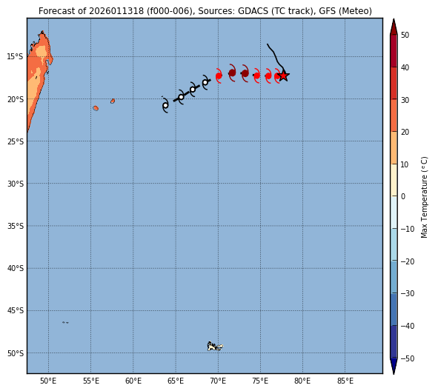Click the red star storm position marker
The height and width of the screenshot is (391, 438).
(x=284, y=76)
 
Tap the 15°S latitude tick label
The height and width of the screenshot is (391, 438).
(x=16, y=57)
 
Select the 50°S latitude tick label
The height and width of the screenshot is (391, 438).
(x=16, y=353)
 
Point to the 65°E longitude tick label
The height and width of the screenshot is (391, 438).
(x=176, y=381)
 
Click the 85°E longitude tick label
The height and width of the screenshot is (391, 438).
(x=345, y=381)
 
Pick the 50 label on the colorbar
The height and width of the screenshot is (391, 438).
(x=405, y=35)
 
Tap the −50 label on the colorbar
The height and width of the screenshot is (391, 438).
(x=408, y=358)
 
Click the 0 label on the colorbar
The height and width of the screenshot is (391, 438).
(x=403, y=196)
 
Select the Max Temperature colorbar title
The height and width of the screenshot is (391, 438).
(x=424, y=197)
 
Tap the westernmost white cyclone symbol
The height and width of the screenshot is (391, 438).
(x=165, y=105)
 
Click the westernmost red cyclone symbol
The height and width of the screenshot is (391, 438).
(x=219, y=76)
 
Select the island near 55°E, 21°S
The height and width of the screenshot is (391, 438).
(x=96, y=108)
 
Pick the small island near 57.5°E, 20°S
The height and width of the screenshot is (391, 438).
(x=113, y=101)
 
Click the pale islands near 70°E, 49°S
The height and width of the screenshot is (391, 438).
(x=214, y=347)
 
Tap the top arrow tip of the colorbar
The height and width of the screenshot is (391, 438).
(x=394, y=19)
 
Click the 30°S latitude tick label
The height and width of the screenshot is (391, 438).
(x=16, y=184)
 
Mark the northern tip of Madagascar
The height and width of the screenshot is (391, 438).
(x=42, y=31)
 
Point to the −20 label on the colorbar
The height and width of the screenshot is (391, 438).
(x=408, y=261)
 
